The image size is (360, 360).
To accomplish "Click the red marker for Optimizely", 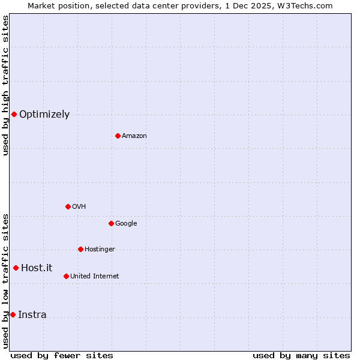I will tap(14, 114).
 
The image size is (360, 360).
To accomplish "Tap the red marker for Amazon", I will tap(118, 136).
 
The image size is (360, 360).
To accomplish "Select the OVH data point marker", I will tap(68, 206).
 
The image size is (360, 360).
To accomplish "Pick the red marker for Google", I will tap(111, 223).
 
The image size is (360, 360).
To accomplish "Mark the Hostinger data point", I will tap(80, 249).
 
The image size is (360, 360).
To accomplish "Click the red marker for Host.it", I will tap(16, 268).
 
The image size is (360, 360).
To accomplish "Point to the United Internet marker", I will tap(66, 276).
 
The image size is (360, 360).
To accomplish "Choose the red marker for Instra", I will tap(13, 314).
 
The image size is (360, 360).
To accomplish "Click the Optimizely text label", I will tap(44, 115).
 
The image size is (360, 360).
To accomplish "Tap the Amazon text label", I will tap(134, 136).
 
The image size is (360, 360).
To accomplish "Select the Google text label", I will tap(126, 224).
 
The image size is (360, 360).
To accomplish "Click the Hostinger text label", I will tap(100, 250).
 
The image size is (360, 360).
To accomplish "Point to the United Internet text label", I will tap(95, 277).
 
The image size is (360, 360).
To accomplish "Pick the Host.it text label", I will tap(37, 268).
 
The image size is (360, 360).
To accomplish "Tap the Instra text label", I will tap(32, 315).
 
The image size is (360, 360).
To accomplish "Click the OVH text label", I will tap(79, 207).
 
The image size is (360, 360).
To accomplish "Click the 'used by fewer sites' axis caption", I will tap(62, 355).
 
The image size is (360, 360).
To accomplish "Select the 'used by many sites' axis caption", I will tap(301, 355).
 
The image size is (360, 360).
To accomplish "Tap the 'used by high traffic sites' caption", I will tap(5, 85).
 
